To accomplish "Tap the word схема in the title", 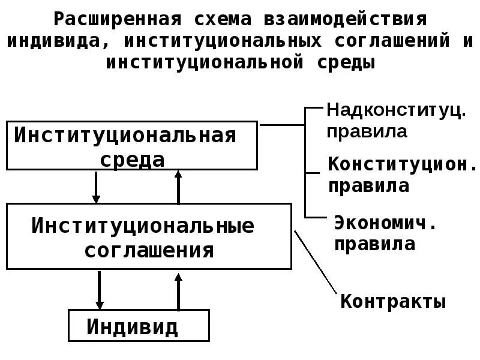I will (220, 19).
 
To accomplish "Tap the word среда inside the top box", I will (133, 159).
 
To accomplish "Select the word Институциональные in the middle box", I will (143, 226).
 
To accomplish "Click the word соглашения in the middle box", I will (149, 250).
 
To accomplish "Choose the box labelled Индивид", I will (139, 326).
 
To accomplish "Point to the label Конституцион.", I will (401, 164).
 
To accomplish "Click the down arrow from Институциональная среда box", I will (95, 187).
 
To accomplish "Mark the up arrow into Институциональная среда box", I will (178, 187).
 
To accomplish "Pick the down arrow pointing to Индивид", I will (100, 290).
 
